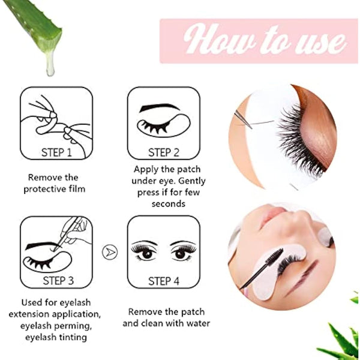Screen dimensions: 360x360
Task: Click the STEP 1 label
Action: (56, 152)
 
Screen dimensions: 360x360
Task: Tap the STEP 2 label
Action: (163, 152)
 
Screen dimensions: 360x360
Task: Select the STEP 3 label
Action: (56, 280)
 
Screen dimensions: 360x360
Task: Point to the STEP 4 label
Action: (163, 280)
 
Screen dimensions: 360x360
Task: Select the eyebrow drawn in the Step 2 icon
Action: (159, 109)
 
